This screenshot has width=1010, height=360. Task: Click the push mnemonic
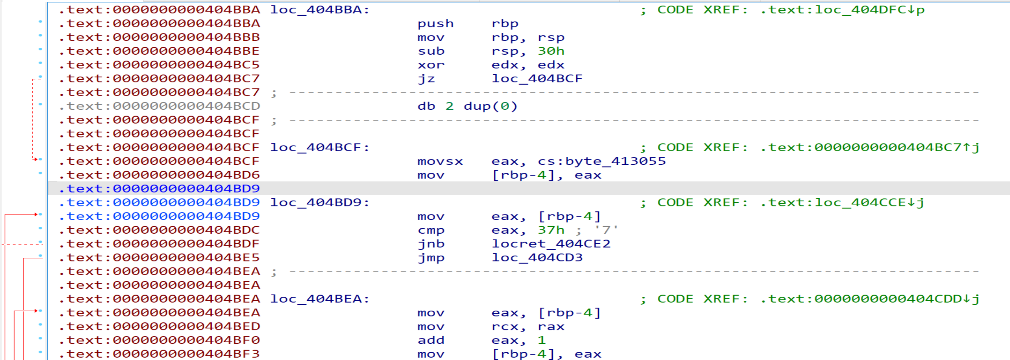[435, 24]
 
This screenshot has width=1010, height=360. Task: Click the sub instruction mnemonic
[430, 51]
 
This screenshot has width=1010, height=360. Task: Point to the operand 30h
[550, 51]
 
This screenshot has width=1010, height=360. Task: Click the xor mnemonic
[430, 65]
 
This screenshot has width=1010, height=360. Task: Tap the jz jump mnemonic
[426, 79]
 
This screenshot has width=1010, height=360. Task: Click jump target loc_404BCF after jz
[537, 79]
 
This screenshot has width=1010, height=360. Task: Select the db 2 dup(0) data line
[467, 106]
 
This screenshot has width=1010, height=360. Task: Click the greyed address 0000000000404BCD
[186, 106]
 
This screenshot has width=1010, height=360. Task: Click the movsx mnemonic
[440, 161]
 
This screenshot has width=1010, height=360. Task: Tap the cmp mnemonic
[430, 230]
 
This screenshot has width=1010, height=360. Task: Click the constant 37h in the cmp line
[550, 230]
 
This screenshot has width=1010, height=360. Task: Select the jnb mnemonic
[430, 244]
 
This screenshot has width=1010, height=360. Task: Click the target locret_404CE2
[551, 244]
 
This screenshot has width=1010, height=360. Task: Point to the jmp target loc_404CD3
[537, 258]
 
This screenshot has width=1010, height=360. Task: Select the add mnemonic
[430, 340]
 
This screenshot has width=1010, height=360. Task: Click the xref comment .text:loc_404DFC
[841, 10]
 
